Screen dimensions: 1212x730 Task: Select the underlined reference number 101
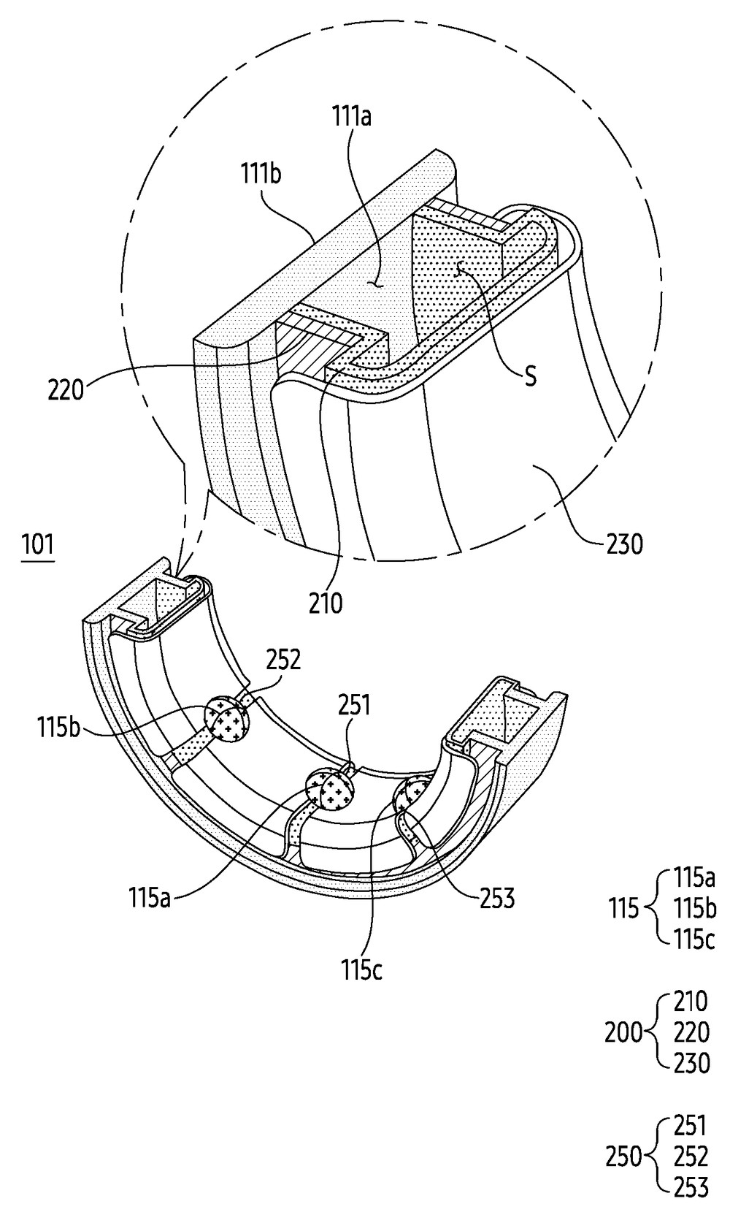[x=37, y=546]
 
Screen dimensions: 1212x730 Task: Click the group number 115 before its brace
[x=623, y=909]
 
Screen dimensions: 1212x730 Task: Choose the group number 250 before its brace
[x=623, y=1156]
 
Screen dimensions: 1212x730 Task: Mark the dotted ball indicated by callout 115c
[x=412, y=796]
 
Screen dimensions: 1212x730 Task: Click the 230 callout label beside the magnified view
[x=624, y=544]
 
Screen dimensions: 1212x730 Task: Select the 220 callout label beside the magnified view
[x=65, y=389]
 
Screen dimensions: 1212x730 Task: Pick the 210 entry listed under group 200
[x=690, y=1001]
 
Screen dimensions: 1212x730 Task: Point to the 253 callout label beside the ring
[x=496, y=898]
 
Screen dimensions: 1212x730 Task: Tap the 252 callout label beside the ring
[x=283, y=660]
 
